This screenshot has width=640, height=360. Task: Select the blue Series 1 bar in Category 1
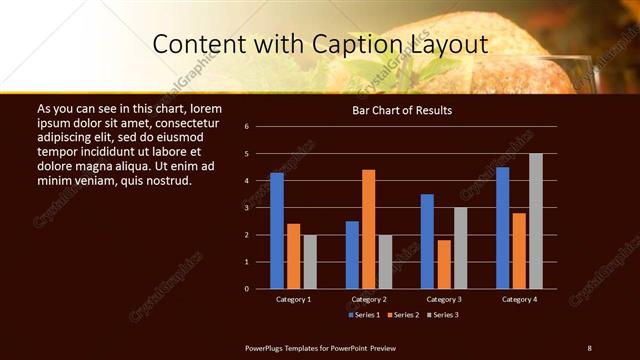tap(277, 230)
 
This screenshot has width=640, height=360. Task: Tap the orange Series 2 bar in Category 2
tap(369, 229)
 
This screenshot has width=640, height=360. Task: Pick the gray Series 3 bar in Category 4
tap(536, 221)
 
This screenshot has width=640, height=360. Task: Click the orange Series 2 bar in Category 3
tap(444, 264)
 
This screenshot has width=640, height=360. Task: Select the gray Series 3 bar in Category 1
tap(310, 261)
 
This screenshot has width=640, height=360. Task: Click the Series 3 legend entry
tap(445, 316)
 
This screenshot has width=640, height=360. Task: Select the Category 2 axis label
tap(368, 299)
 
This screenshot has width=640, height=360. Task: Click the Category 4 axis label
tap(519, 299)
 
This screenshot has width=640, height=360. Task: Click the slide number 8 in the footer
tap(589, 347)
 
